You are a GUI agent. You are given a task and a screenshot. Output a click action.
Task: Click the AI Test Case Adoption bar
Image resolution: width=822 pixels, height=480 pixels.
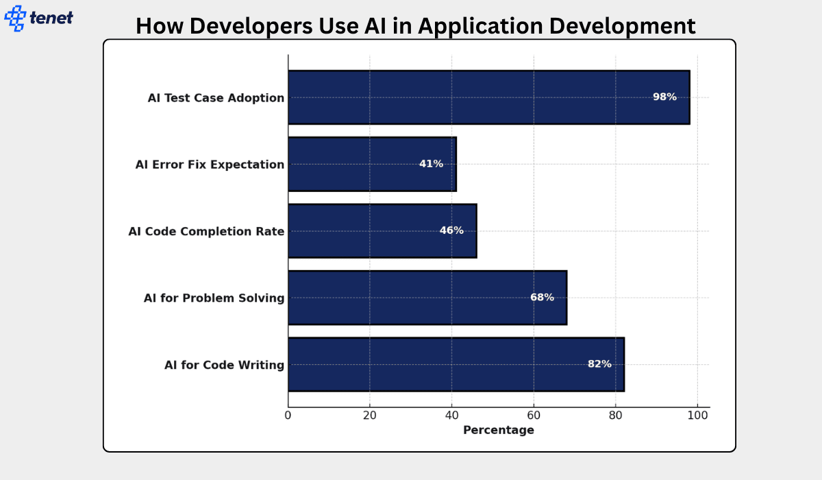click(x=480, y=97)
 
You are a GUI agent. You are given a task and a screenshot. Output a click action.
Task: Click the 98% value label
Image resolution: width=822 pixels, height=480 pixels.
click(x=664, y=97)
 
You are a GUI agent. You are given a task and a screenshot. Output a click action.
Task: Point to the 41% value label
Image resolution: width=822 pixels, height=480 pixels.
click(x=431, y=164)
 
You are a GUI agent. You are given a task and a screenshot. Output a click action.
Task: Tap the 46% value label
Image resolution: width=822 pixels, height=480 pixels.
click(x=451, y=230)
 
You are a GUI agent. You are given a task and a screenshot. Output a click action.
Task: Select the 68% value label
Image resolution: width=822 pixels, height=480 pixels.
click(x=542, y=298)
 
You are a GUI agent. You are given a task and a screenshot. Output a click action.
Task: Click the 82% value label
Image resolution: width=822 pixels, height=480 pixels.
click(x=599, y=364)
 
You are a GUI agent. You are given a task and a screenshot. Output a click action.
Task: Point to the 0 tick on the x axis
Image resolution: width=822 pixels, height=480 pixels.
click(x=288, y=415)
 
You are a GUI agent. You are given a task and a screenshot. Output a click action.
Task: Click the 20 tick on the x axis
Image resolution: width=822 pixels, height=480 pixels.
click(x=370, y=415)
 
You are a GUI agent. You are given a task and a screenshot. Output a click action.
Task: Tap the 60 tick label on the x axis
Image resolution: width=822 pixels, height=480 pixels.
click(x=534, y=415)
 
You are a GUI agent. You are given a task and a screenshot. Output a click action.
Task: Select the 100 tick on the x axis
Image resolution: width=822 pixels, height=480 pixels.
click(x=697, y=415)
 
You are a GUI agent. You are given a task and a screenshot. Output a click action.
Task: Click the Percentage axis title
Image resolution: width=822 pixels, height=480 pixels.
click(x=498, y=431)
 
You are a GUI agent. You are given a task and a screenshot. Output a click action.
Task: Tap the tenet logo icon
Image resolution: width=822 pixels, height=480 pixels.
click(x=15, y=18)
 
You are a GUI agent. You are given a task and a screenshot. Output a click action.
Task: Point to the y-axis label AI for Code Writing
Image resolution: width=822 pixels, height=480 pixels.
click(x=224, y=365)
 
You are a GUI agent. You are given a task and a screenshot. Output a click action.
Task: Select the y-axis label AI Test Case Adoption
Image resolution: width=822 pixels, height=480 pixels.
click(x=216, y=98)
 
